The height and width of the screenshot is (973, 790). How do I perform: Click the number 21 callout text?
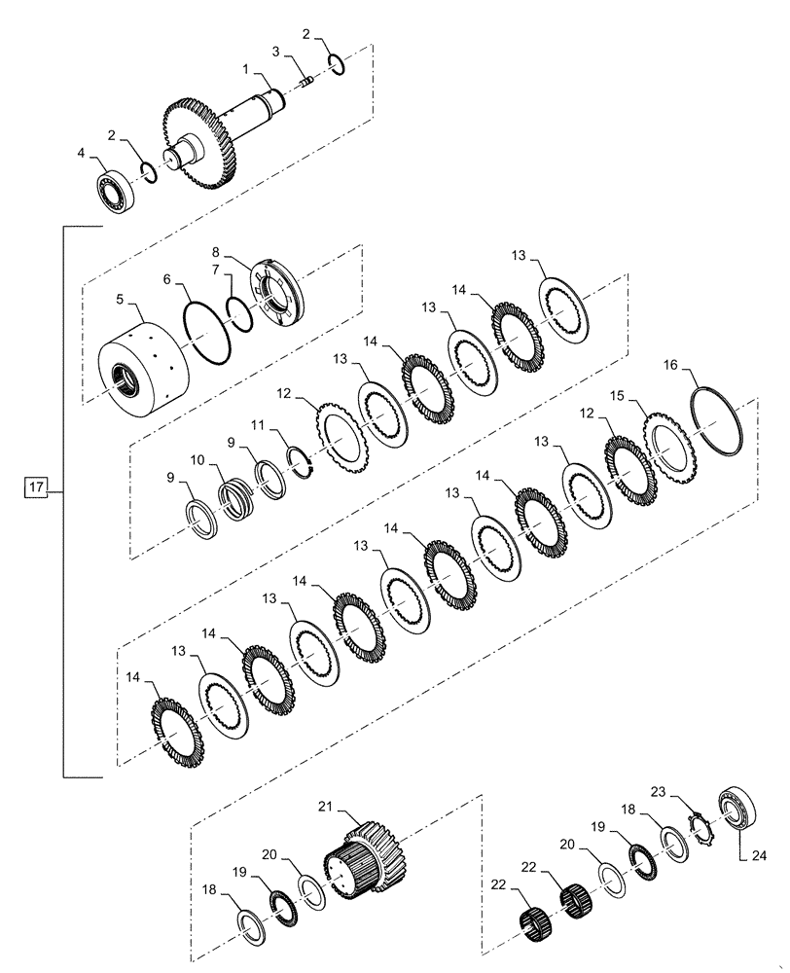click(325, 806)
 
